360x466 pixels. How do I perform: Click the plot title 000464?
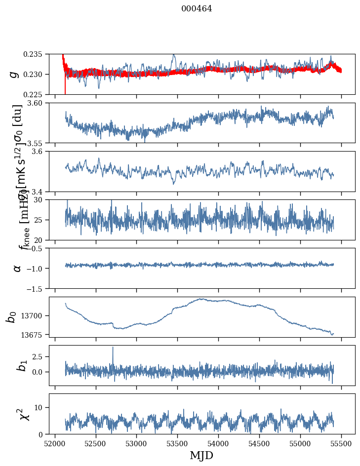(197, 8)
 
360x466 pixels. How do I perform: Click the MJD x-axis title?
(201, 455)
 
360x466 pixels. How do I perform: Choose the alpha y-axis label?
(17, 268)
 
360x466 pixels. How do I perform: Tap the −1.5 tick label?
(38, 288)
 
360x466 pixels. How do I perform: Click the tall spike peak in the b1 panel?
(113, 347)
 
